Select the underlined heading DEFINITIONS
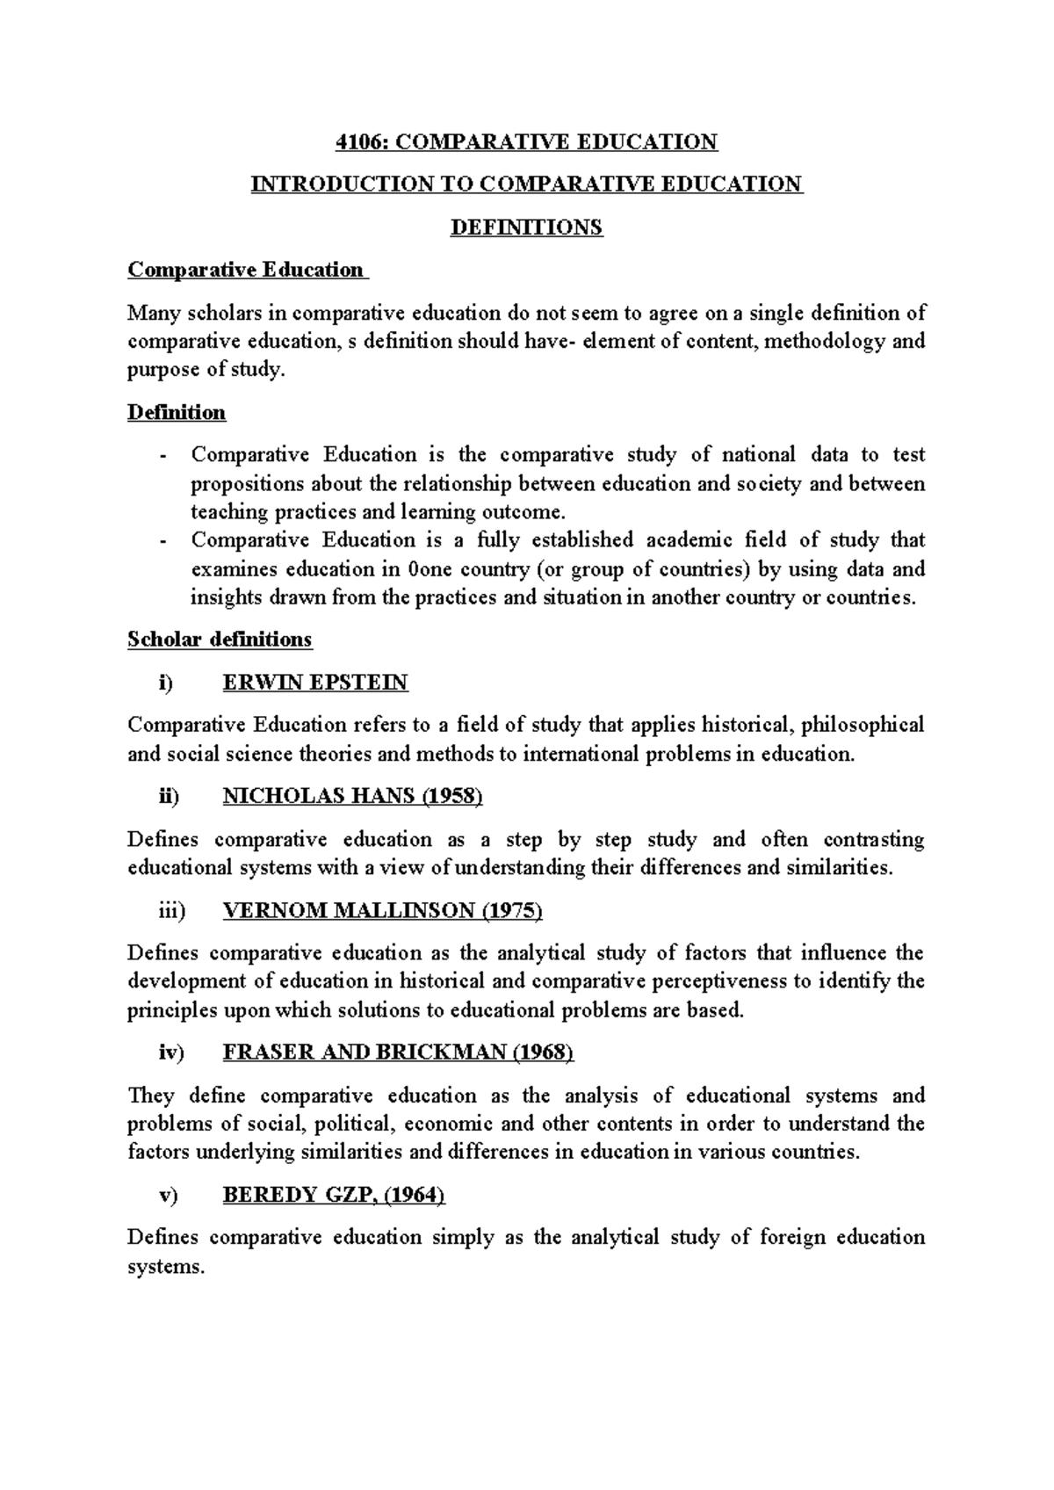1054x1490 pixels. point(526,228)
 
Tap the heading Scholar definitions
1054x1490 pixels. point(220,639)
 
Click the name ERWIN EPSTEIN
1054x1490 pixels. point(315,682)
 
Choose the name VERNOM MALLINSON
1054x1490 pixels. point(349,910)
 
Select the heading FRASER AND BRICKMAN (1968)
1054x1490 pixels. point(398,1052)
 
